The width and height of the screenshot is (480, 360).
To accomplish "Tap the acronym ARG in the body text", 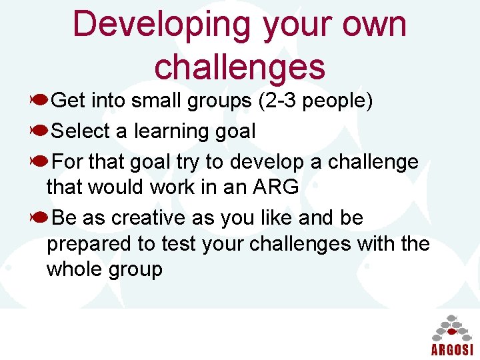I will [275, 187].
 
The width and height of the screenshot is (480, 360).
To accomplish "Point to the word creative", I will [149, 219].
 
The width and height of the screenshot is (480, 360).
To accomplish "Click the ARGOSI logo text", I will [452, 350].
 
